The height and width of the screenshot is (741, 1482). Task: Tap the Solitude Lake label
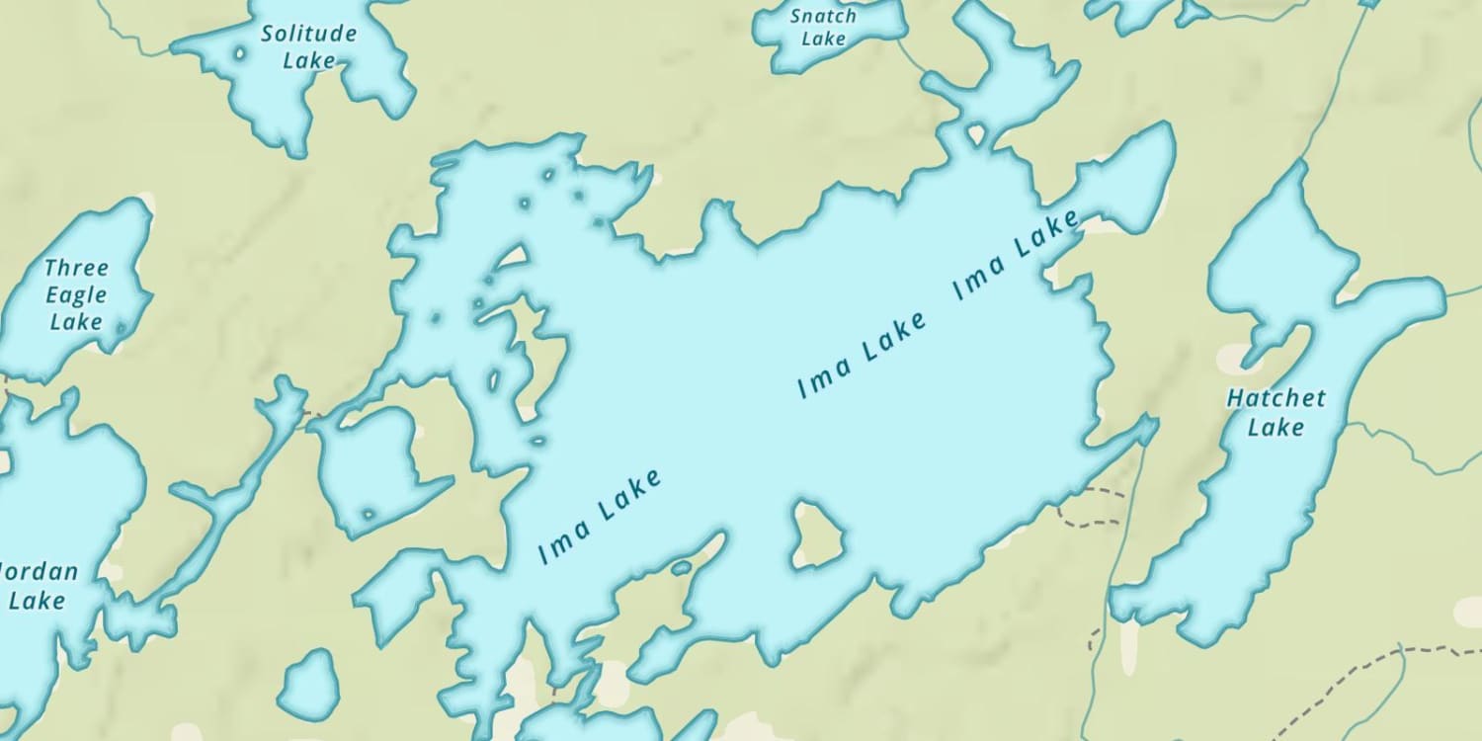[308, 46]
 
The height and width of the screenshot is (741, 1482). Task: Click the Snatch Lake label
[823, 27]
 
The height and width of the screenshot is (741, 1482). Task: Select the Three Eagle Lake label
[76, 294]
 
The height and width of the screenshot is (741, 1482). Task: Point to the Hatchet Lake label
[1276, 412]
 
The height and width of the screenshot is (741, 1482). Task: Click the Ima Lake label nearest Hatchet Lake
[1017, 255]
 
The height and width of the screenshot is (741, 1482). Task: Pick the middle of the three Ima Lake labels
[863, 353]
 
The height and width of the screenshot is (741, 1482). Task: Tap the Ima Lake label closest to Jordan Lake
[600, 516]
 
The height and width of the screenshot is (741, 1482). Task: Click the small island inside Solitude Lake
[238, 53]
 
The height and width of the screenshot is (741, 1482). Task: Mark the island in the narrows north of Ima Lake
[976, 132]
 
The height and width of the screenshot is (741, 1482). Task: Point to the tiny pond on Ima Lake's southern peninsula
[681, 568]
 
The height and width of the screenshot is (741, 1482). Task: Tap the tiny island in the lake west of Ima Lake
[369, 514]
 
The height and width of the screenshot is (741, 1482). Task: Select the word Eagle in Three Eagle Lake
[75, 294]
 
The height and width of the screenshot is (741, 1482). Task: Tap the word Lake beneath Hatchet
[1276, 427]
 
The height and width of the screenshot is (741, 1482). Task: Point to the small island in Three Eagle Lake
[122, 327]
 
